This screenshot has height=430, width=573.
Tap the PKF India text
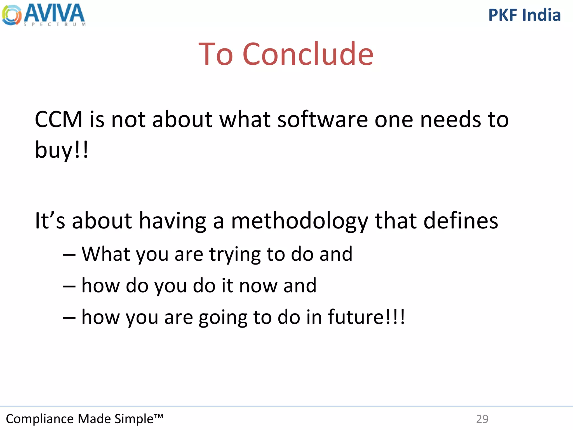[x=524, y=15]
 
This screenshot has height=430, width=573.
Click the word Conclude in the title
[x=308, y=54]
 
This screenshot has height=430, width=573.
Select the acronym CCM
[x=58, y=120]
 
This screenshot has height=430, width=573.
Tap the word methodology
[x=299, y=221]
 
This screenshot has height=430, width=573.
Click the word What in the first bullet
[x=106, y=254]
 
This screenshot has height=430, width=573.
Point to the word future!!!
[x=366, y=317]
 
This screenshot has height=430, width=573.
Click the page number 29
[x=482, y=419]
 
